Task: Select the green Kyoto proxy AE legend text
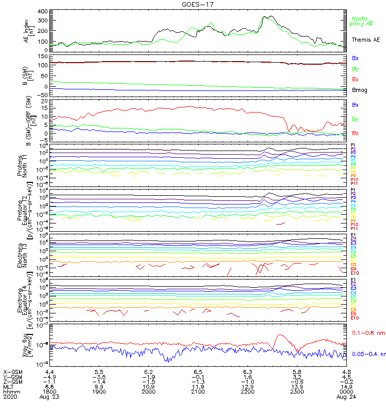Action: tap(363, 21)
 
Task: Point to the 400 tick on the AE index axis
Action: tap(43, 11)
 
